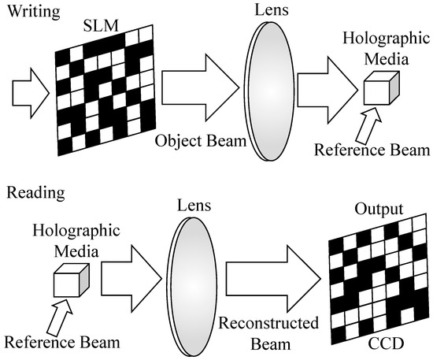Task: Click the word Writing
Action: pyautogui.click(x=27, y=10)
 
